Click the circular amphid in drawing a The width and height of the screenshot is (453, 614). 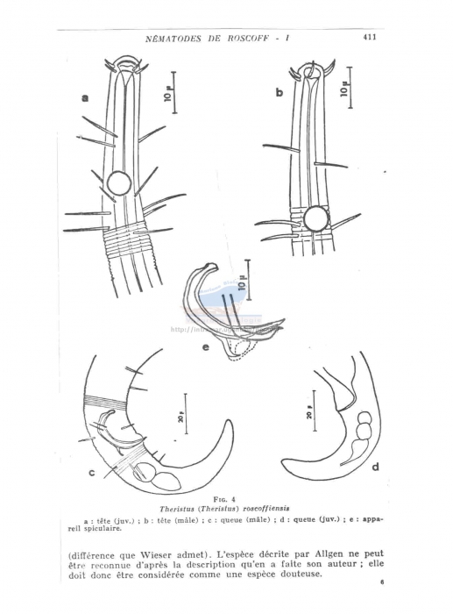(x=119, y=182)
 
